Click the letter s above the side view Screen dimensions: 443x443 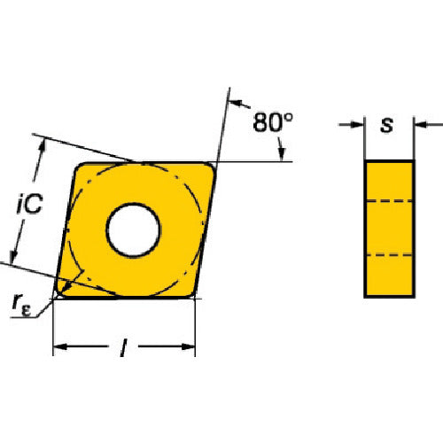coord(387,125)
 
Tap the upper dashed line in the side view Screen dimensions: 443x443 coord(389,201)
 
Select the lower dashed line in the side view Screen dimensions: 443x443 coord(389,255)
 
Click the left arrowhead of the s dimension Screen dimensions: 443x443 coord(358,125)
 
